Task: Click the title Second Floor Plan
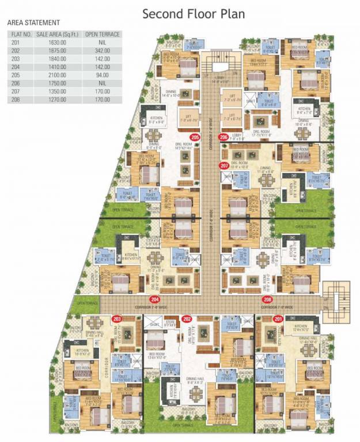coord(194,14)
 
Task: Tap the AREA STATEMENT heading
coord(33,22)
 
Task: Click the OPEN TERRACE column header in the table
coord(102,35)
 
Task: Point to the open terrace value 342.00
coord(102,51)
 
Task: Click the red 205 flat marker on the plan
coord(195,137)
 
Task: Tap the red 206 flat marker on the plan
coord(223,137)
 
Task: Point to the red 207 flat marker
coord(224,166)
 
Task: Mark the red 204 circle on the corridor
coord(154,300)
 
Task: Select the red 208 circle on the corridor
coord(267,300)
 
